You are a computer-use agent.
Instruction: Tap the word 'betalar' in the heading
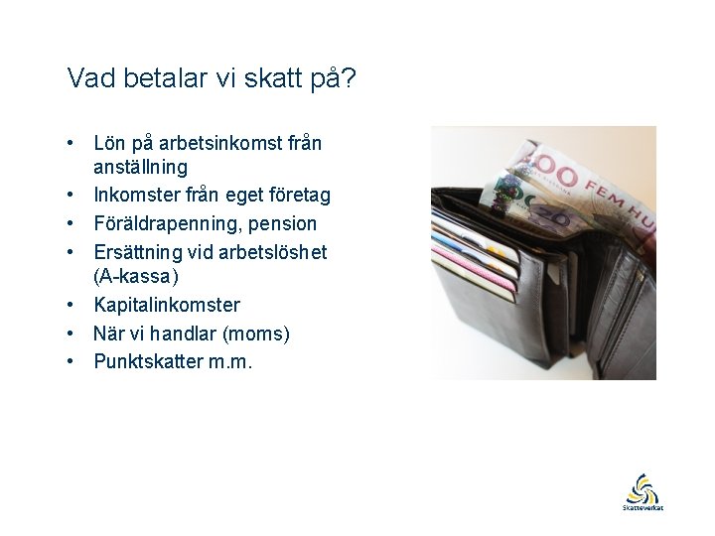162,78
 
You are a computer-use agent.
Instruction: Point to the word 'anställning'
140,168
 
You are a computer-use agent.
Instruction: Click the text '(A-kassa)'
136,276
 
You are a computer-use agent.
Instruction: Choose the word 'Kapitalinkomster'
167,305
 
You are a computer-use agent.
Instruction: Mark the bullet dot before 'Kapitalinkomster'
72,305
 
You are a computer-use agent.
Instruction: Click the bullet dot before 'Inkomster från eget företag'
72,196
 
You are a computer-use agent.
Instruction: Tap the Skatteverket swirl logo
643,488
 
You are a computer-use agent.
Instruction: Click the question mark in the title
348,78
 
